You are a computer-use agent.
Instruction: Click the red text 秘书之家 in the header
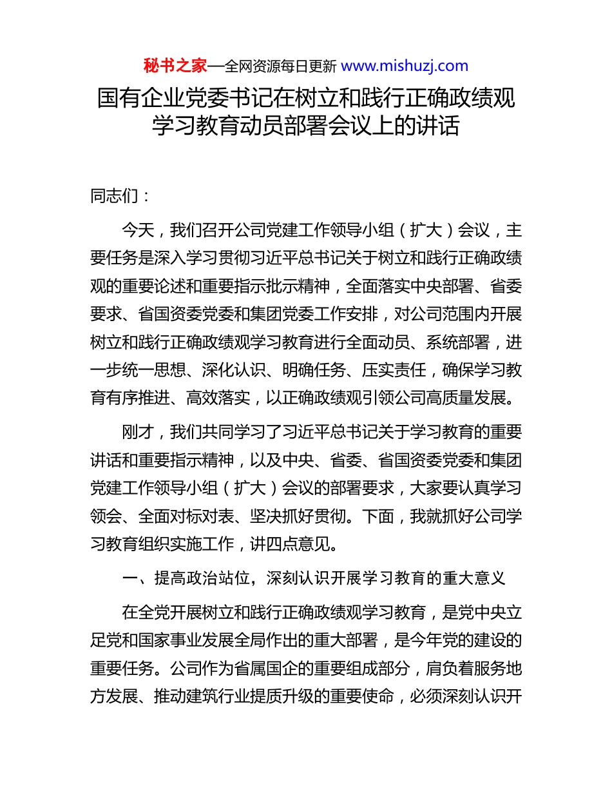click(175, 66)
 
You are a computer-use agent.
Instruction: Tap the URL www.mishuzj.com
click(404, 66)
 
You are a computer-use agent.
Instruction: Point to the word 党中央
click(473, 611)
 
